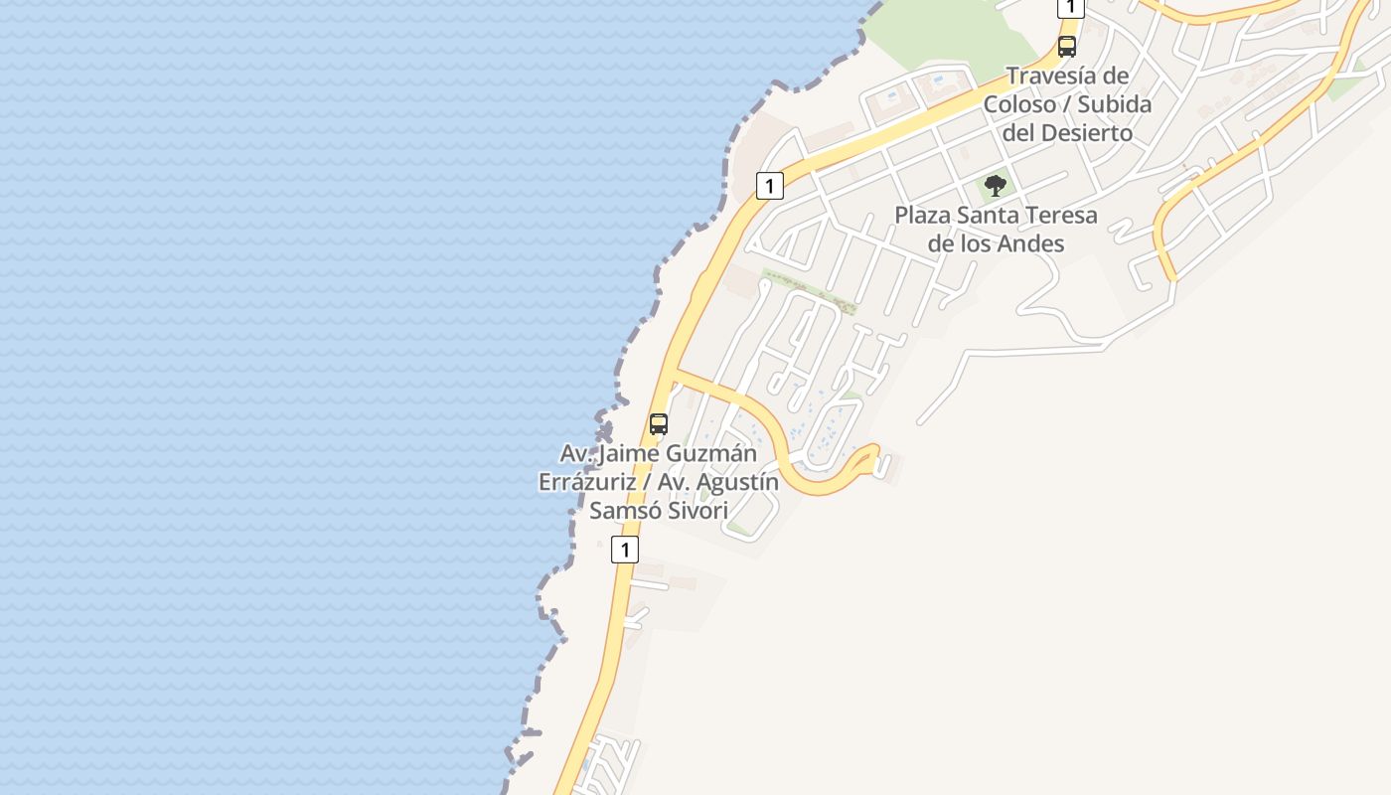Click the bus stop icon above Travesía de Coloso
coord(1067,46)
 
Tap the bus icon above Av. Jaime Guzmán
coord(658,424)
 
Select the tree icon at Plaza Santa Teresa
coord(995,185)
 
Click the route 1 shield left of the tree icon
coord(769,185)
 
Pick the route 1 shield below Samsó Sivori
coord(624,549)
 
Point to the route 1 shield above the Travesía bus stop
coord(1069,7)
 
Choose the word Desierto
coord(1085,132)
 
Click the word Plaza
coord(922,215)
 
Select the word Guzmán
coord(711,453)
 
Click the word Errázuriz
coord(587,482)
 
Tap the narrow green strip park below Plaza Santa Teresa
coord(809,291)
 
